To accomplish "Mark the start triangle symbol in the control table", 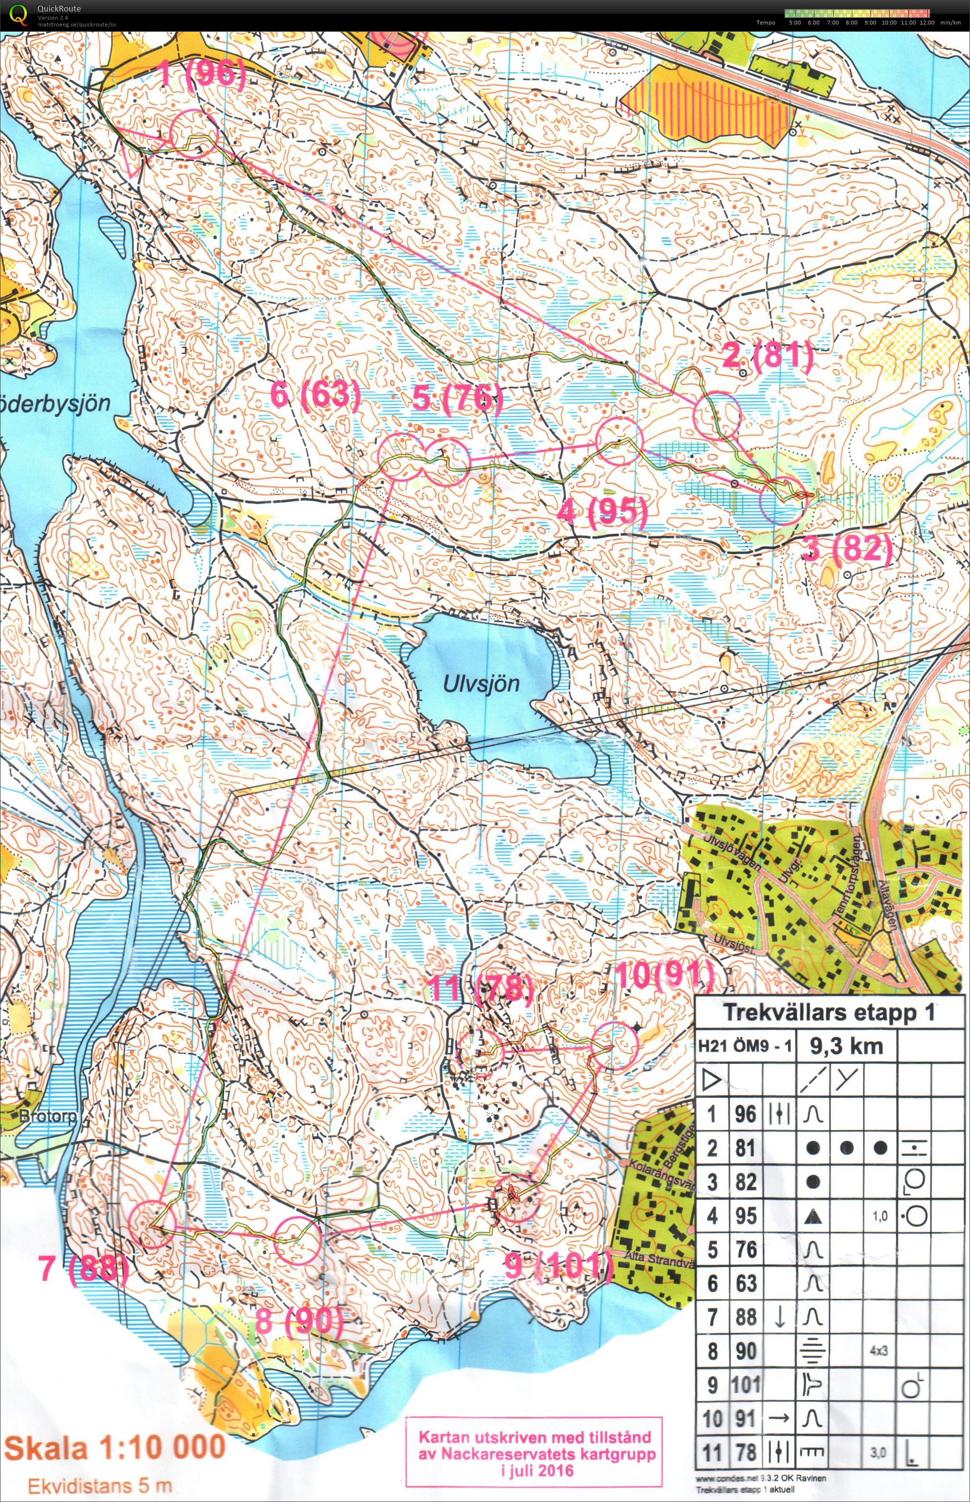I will (x=712, y=1080).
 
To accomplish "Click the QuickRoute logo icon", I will (x=20, y=14).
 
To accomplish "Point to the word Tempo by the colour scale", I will (x=766, y=23).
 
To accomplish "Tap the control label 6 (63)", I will (x=316, y=395).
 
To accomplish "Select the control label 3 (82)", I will (x=849, y=549).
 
